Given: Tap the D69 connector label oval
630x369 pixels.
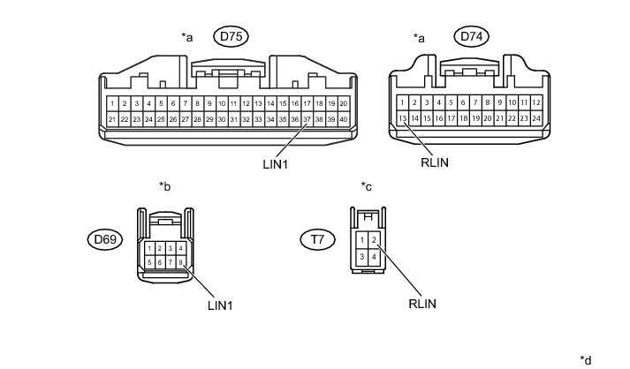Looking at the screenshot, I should pos(103,238).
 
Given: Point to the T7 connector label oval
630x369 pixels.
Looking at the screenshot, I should pos(315,238).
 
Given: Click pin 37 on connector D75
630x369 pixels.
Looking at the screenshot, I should pos(307,119).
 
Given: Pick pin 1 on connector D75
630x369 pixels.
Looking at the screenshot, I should pos(112,103).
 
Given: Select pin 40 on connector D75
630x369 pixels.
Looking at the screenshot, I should pos(343,119).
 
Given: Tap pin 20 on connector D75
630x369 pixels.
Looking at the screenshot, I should pos(343,103).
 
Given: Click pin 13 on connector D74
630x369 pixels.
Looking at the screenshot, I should pos(403,118).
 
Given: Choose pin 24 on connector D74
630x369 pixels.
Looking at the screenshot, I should pos(535,118).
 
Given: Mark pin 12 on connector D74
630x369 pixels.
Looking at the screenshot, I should pos(535,102).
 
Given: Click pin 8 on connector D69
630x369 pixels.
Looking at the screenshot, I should pos(180,262).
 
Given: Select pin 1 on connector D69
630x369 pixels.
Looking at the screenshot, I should pos(148,248).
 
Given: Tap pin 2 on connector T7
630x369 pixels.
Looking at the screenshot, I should pos(375,239).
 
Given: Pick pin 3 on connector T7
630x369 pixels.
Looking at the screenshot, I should pos(362,256).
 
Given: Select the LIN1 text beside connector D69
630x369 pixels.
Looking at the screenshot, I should pos(219,305).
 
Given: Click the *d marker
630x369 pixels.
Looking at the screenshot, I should pos(585,359).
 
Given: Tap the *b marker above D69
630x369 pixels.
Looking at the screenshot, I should pos(164,186).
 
